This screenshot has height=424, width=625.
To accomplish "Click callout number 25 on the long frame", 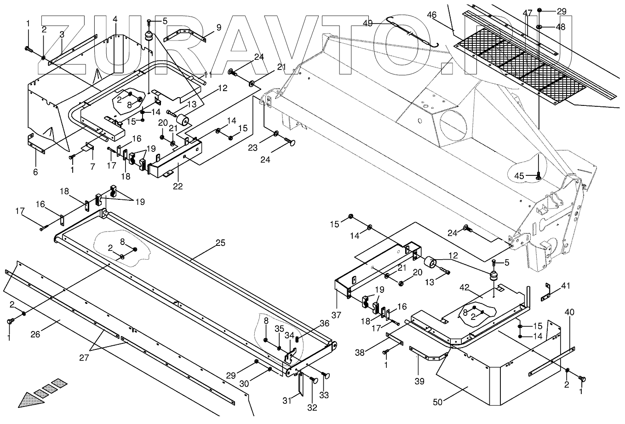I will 221,243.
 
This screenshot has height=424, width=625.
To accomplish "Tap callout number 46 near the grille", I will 431,15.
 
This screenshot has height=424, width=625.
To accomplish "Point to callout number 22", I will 178,186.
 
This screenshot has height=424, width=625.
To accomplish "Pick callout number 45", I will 519,175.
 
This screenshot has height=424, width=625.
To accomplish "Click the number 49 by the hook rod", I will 367,23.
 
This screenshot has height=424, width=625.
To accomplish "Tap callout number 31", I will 287,401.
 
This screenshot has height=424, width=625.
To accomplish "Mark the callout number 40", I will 569,313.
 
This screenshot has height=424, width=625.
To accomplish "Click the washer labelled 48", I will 539,27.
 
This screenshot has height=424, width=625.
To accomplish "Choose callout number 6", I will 35,173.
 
